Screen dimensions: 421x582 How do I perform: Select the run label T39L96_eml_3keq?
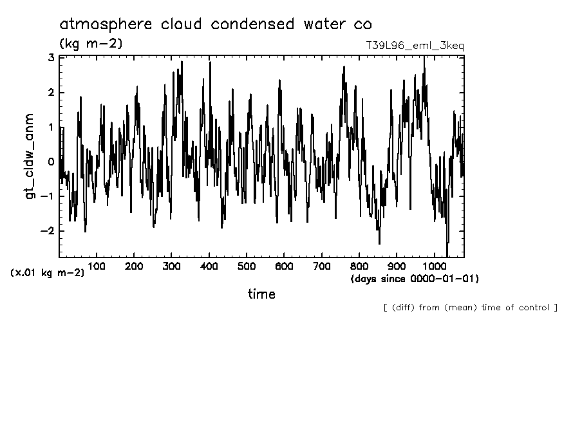[x=414, y=46]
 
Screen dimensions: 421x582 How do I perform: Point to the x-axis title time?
[x=261, y=294]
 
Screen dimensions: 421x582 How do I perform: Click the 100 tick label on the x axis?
[x=97, y=266]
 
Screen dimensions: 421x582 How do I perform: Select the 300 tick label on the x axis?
[x=172, y=266]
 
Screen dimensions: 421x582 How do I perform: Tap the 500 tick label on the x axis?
[x=247, y=266]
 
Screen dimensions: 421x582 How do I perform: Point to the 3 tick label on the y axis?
[x=51, y=58]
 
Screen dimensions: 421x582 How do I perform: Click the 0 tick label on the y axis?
[x=51, y=162]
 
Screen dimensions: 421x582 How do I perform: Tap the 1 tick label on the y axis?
[x=51, y=127]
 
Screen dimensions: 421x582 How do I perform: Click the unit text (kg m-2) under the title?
[x=91, y=44]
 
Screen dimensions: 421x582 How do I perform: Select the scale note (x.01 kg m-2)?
[x=47, y=273]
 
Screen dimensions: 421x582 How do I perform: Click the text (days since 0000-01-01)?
[x=414, y=279]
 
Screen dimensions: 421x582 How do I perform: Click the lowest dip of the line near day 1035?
[x=447, y=256]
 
